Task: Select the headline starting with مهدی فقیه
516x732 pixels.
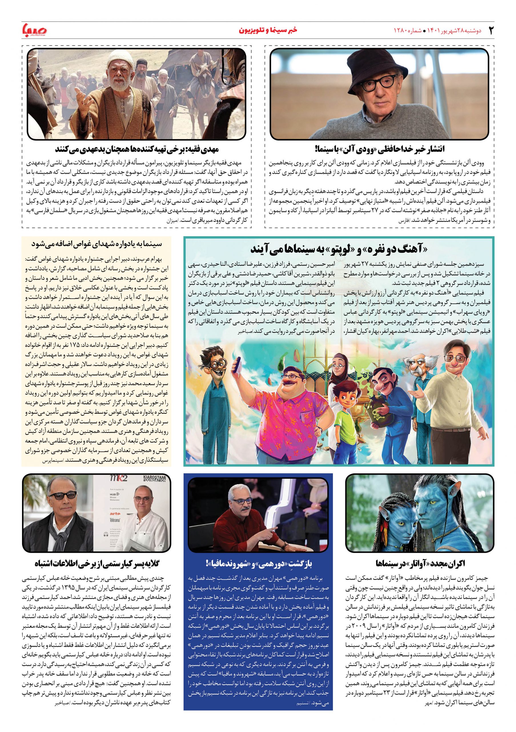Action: [137, 149]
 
